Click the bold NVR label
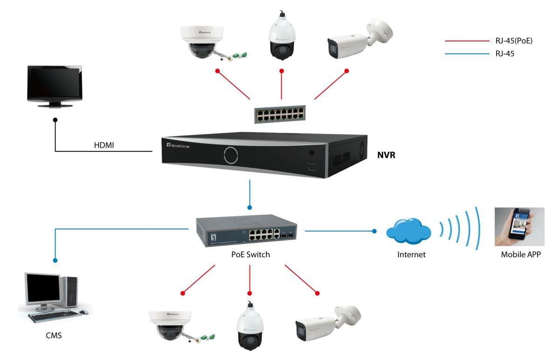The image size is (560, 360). pos(386,155)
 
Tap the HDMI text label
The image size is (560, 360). pos(104,145)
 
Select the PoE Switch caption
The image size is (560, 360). pos(251,254)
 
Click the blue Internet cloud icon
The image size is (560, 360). pos(408,231)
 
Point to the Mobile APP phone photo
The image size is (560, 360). pos(519,226)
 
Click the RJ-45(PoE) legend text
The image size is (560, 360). pos(514,41)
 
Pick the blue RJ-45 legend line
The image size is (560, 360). pos(467,54)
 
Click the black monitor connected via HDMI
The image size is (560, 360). pos(55,86)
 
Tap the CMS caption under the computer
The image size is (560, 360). pos(54,335)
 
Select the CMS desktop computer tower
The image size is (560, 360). pos(69,291)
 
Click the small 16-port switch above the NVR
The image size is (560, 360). pos(280,114)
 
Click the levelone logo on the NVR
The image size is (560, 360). pos(178,145)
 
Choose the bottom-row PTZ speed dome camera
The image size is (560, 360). pos(250,326)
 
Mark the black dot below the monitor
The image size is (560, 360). pos(55,120)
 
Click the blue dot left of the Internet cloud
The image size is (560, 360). pos(374,231)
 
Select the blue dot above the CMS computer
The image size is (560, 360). pos(55,261)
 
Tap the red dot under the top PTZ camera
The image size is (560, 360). pos(282,71)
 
